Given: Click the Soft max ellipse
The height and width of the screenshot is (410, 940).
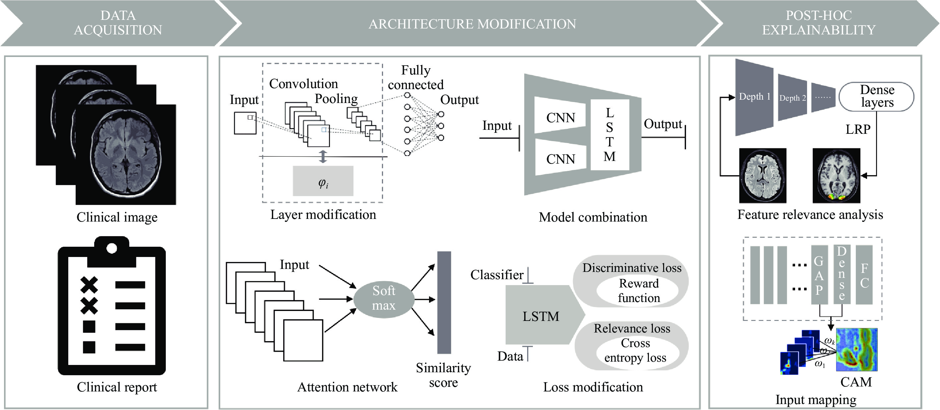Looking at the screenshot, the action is (384, 299).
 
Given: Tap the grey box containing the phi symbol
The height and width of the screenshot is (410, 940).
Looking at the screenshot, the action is (323, 181).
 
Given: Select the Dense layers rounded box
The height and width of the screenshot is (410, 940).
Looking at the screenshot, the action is (877, 97).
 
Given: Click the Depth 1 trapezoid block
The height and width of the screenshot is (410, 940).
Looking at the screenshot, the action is (754, 97).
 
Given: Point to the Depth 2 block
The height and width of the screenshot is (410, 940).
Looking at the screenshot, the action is (792, 97).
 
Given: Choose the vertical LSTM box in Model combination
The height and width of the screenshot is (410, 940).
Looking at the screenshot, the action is (610, 134).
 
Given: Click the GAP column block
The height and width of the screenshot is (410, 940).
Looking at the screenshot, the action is (819, 275).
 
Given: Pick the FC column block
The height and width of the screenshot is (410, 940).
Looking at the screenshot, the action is (864, 275).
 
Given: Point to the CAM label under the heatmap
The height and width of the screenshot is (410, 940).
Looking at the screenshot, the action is (856, 382).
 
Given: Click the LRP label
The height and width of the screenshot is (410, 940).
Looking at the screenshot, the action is (858, 129).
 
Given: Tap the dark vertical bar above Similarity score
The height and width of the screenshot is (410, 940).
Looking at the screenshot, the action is (444, 302).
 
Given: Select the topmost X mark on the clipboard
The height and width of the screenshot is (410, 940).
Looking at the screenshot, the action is (89, 285).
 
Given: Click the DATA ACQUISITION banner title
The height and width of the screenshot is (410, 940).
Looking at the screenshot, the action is (118, 23).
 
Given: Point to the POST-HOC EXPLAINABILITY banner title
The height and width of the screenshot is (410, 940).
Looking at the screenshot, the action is (819, 23).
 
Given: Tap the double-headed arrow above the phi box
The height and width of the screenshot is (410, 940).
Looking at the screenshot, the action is (323, 156).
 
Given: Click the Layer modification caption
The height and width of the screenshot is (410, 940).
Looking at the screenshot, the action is (323, 214).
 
